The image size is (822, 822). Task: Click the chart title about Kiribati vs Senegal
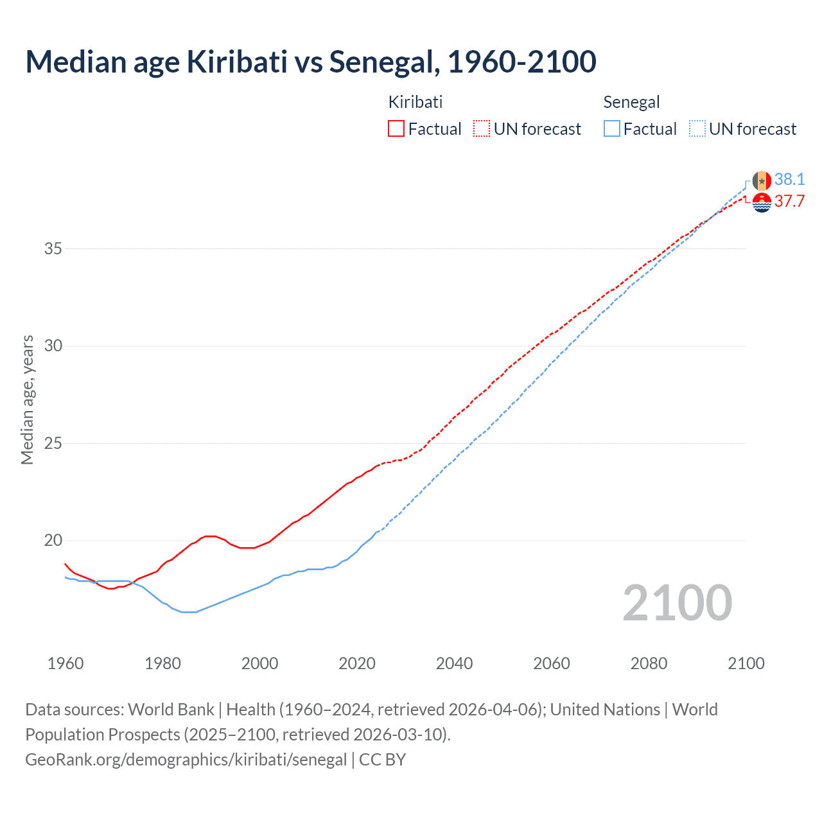click(x=311, y=62)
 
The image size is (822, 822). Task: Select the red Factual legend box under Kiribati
click(x=396, y=129)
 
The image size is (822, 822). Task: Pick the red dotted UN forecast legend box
click(x=482, y=129)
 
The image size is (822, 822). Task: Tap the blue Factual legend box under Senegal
click(x=611, y=129)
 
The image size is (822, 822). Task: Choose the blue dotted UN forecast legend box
click(x=697, y=129)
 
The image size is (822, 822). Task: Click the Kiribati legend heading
click(x=415, y=102)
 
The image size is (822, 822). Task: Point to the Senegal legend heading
click(x=631, y=102)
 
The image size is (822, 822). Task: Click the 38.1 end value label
click(x=789, y=179)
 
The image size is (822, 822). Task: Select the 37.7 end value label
click(x=789, y=201)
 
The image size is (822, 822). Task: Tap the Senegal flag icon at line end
click(x=762, y=180)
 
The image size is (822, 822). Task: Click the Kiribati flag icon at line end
click(x=762, y=202)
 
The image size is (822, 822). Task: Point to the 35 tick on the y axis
click(x=53, y=249)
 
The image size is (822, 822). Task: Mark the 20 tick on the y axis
click(x=53, y=540)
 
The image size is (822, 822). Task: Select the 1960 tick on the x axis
click(x=66, y=663)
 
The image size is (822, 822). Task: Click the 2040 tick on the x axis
click(x=454, y=663)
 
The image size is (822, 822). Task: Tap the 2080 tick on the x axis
click(x=649, y=663)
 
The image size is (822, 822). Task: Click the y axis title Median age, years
click(x=27, y=399)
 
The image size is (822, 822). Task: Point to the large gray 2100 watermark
click(x=677, y=602)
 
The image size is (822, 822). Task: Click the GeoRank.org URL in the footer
click(x=186, y=760)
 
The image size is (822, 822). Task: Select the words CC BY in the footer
click(x=383, y=760)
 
